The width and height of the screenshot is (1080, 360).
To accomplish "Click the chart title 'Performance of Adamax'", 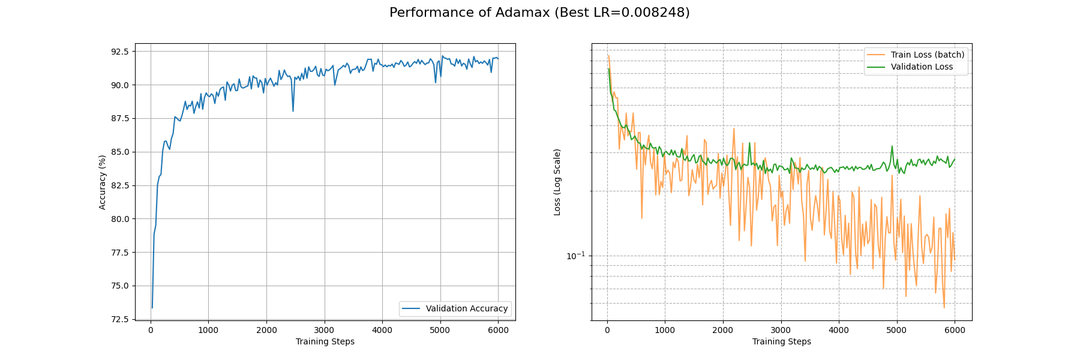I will [x=539, y=13].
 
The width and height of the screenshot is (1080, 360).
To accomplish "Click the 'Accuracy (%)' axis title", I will [x=102, y=182].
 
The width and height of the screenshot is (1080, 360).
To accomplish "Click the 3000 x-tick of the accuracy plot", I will [x=324, y=330].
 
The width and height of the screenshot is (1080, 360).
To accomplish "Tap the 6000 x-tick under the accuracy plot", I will [x=498, y=330].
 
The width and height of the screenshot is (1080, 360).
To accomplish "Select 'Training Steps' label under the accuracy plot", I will [x=325, y=342].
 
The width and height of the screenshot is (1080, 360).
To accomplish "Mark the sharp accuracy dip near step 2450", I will [x=293, y=111].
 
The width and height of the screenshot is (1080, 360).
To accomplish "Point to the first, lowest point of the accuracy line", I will [x=152, y=308].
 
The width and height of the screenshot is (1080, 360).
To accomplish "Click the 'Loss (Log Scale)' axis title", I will [x=557, y=182].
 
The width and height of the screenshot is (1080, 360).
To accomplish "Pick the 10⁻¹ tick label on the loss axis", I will [x=575, y=256].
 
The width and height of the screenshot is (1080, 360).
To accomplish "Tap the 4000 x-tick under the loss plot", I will [x=839, y=330].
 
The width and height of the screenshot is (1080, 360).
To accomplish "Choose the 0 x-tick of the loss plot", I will [x=607, y=330].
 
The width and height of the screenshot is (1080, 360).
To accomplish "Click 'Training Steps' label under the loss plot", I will [x=781, y=342].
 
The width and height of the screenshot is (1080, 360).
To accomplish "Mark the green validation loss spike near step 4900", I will [x=892, y=146].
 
